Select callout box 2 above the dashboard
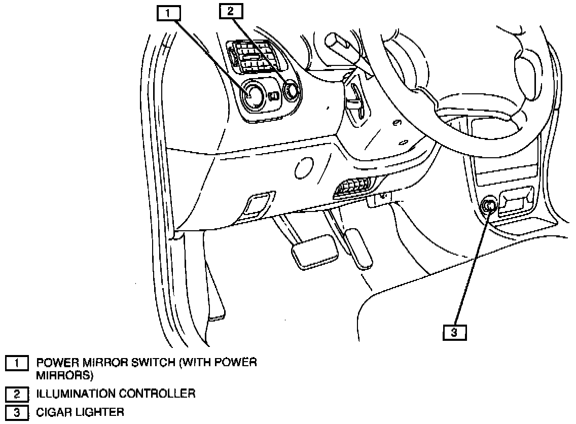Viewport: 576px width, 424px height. point(231,11)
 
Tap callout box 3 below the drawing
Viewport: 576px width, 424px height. point(454,332)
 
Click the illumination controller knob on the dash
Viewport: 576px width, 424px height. point(292,91)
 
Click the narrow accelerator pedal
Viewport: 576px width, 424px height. point(358,248)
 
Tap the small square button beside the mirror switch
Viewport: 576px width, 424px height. point(274,96)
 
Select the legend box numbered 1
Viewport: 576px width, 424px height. point(17,364)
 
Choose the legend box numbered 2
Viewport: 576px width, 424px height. point(17,394)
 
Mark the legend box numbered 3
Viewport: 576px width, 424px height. point(17,412)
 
